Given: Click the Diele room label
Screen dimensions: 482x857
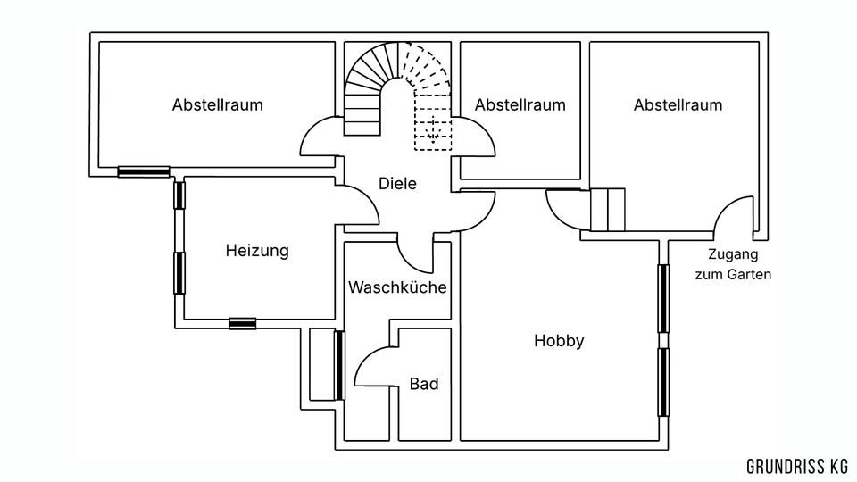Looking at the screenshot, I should (397, 183).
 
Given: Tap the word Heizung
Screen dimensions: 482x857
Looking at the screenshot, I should (257, 251).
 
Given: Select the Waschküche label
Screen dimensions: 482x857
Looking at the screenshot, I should (397, 287).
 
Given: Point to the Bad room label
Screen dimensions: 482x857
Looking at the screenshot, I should (424, 384).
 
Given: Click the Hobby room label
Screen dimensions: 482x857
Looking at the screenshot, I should (559, 340).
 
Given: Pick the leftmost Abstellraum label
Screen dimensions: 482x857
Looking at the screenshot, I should (218, 104).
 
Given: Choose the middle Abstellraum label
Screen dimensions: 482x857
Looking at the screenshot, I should (520, 104).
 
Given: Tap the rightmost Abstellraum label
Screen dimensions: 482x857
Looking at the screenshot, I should (678, 104).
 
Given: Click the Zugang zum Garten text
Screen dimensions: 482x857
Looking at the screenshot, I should (732, 264).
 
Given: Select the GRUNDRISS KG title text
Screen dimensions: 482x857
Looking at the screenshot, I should (797, 466).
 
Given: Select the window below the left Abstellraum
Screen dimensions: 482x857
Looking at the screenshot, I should (144, 170).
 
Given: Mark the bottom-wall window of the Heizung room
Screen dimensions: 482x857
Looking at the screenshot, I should (242, 323).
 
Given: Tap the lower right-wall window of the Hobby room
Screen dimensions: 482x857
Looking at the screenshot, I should (663, 381).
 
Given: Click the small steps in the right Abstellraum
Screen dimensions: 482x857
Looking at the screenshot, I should (608, 210).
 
